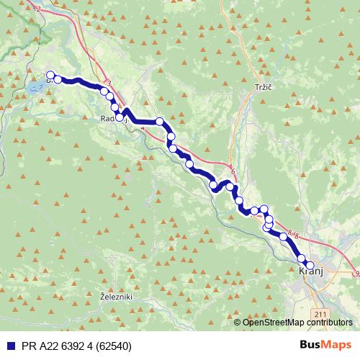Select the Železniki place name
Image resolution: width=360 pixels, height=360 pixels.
[x=115, y=297]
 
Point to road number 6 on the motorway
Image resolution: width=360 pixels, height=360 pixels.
[x=233, y=171]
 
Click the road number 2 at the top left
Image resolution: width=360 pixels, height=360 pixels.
[x=37, y=9]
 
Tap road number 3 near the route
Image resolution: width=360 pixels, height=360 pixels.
[x=109, y=84]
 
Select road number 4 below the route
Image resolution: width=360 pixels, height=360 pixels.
[x=143, y=128]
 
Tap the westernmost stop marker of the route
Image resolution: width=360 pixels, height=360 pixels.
[x=50, y=75]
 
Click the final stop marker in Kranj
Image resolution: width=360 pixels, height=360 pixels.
[x=310, y=266]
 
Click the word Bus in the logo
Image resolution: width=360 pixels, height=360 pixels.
[x=311, y=344]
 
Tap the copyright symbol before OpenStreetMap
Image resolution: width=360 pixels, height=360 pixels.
[x=238, y=322]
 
